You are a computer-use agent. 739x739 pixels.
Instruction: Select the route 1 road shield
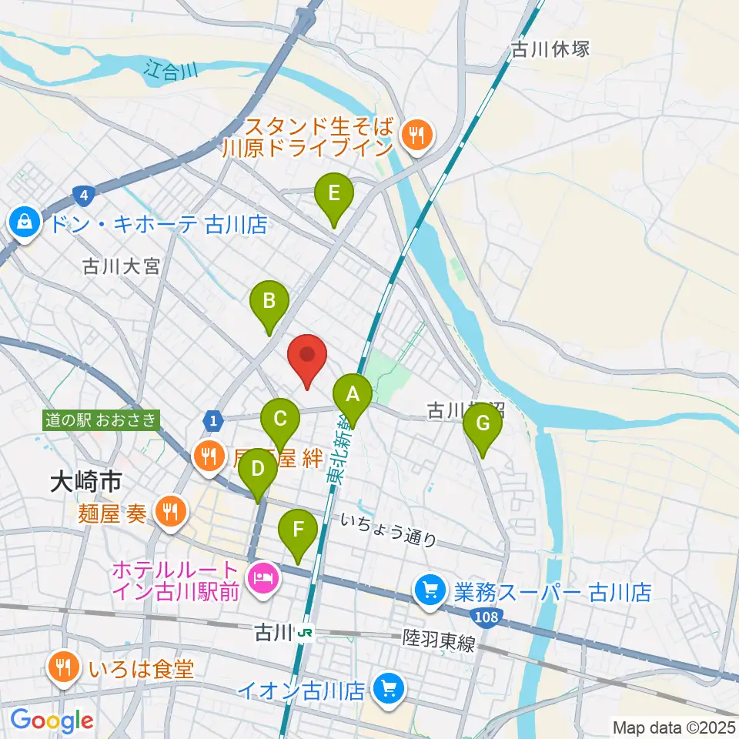point(212,420)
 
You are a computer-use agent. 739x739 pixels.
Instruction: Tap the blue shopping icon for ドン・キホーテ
point(26,224)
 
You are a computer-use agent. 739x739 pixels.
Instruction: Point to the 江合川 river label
point(170,70)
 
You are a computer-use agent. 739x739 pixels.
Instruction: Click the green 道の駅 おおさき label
point(102,420)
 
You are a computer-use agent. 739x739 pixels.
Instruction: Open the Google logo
point(52,721)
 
